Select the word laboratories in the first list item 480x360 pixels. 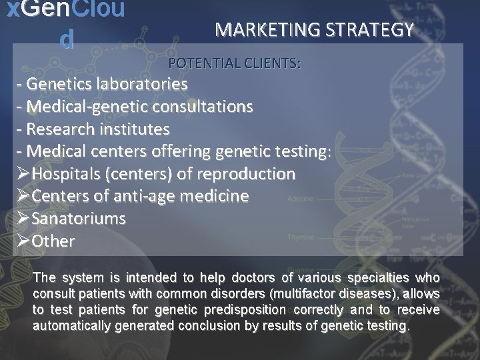point(141,85)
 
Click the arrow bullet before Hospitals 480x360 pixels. point(23,174)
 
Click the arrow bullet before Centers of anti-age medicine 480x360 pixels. point(23,197)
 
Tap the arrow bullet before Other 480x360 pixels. point(23,241)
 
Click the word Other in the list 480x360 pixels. point(53,241)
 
